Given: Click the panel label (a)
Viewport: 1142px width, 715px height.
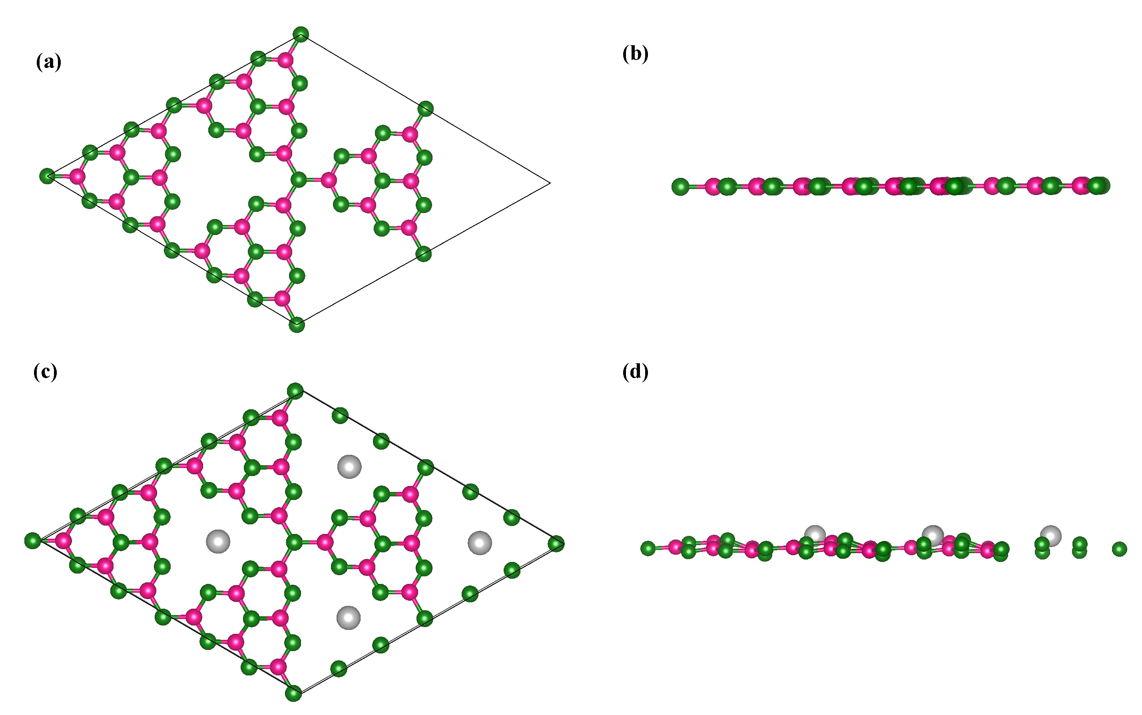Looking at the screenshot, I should (x=48, y=62).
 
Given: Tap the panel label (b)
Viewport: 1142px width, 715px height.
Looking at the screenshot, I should (x=635, y=54).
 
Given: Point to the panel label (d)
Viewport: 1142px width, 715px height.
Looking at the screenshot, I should (x=635, y=372).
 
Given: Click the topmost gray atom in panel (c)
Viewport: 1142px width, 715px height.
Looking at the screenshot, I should (x=349, y=467).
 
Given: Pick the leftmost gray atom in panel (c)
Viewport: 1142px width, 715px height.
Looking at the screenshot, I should (x=218, y=542).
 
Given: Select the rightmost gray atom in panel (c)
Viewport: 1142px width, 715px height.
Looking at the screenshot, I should (x=480, y=542).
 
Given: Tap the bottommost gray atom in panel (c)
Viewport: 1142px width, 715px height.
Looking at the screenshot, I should (x=349, y=617).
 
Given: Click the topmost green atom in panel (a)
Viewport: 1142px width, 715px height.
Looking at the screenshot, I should (x=301, y=34).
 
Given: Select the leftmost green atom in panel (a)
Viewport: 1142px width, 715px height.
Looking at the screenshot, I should (x=47, y=176).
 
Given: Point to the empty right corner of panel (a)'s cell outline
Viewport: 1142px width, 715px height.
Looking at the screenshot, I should (x=550, y=183).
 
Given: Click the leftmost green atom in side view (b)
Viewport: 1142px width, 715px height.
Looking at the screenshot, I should (x=680, y=186).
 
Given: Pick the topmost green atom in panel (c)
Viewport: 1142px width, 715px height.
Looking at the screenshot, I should (x=295, y=391).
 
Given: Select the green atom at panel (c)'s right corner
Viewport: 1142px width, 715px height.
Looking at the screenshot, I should (x=556, y=544).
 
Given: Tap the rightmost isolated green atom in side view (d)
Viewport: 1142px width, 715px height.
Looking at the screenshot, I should (x=1119, y=549).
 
